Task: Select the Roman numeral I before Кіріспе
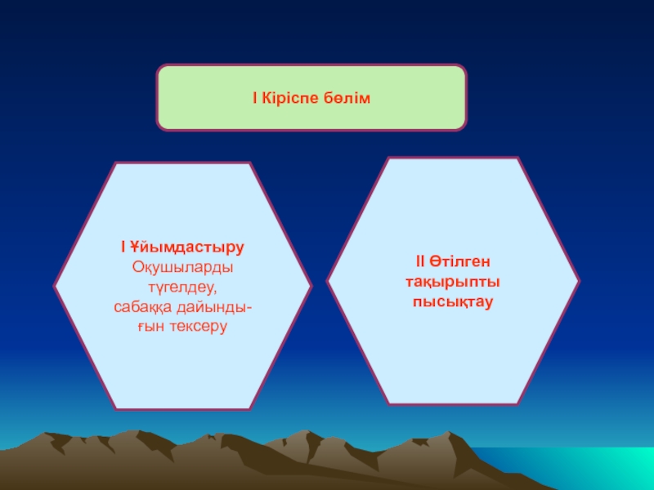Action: point(255,99)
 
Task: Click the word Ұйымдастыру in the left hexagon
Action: point(188,247)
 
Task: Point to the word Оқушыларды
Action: point(182,267)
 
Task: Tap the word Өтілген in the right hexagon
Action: point(463,261)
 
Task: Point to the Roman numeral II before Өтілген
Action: point(419,261)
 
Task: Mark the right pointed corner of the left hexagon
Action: point(311,287)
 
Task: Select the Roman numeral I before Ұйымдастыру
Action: point(122,247)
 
